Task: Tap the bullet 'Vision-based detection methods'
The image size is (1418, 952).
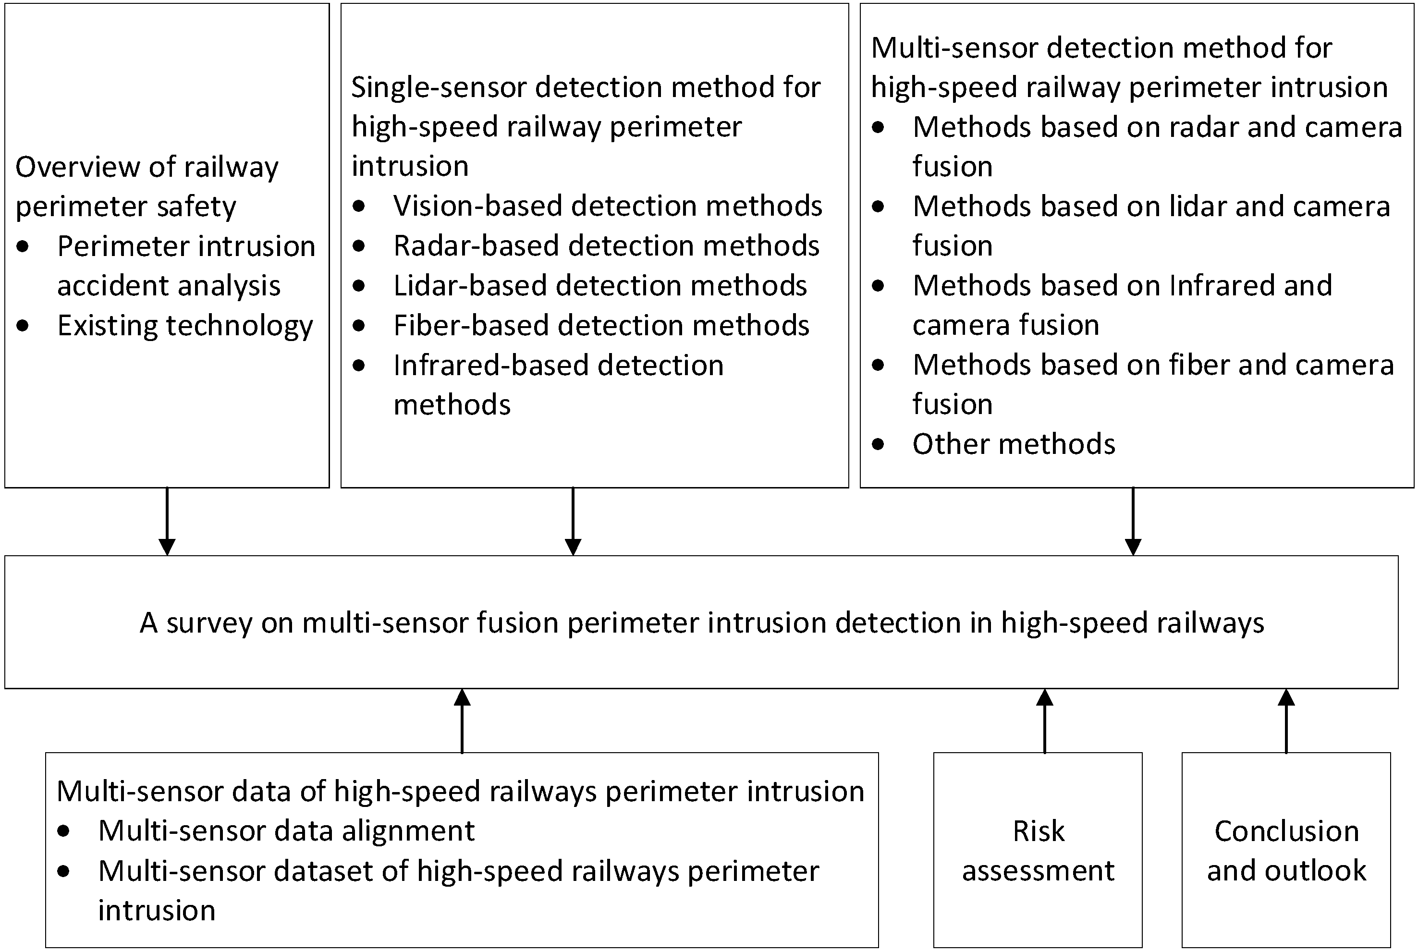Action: click(607, 206)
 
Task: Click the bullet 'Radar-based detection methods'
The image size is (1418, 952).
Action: click(606, 246)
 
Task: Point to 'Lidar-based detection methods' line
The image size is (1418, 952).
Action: click(600, 285)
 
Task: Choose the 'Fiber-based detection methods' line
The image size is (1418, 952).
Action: click(601, 326)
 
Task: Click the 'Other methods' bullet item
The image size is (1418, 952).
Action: click(1014, 444)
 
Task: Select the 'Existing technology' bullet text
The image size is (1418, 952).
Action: click(184, 326)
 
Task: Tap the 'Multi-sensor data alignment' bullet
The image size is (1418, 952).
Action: click(286, 830)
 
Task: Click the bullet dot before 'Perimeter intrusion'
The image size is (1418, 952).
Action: click(23, 246)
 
